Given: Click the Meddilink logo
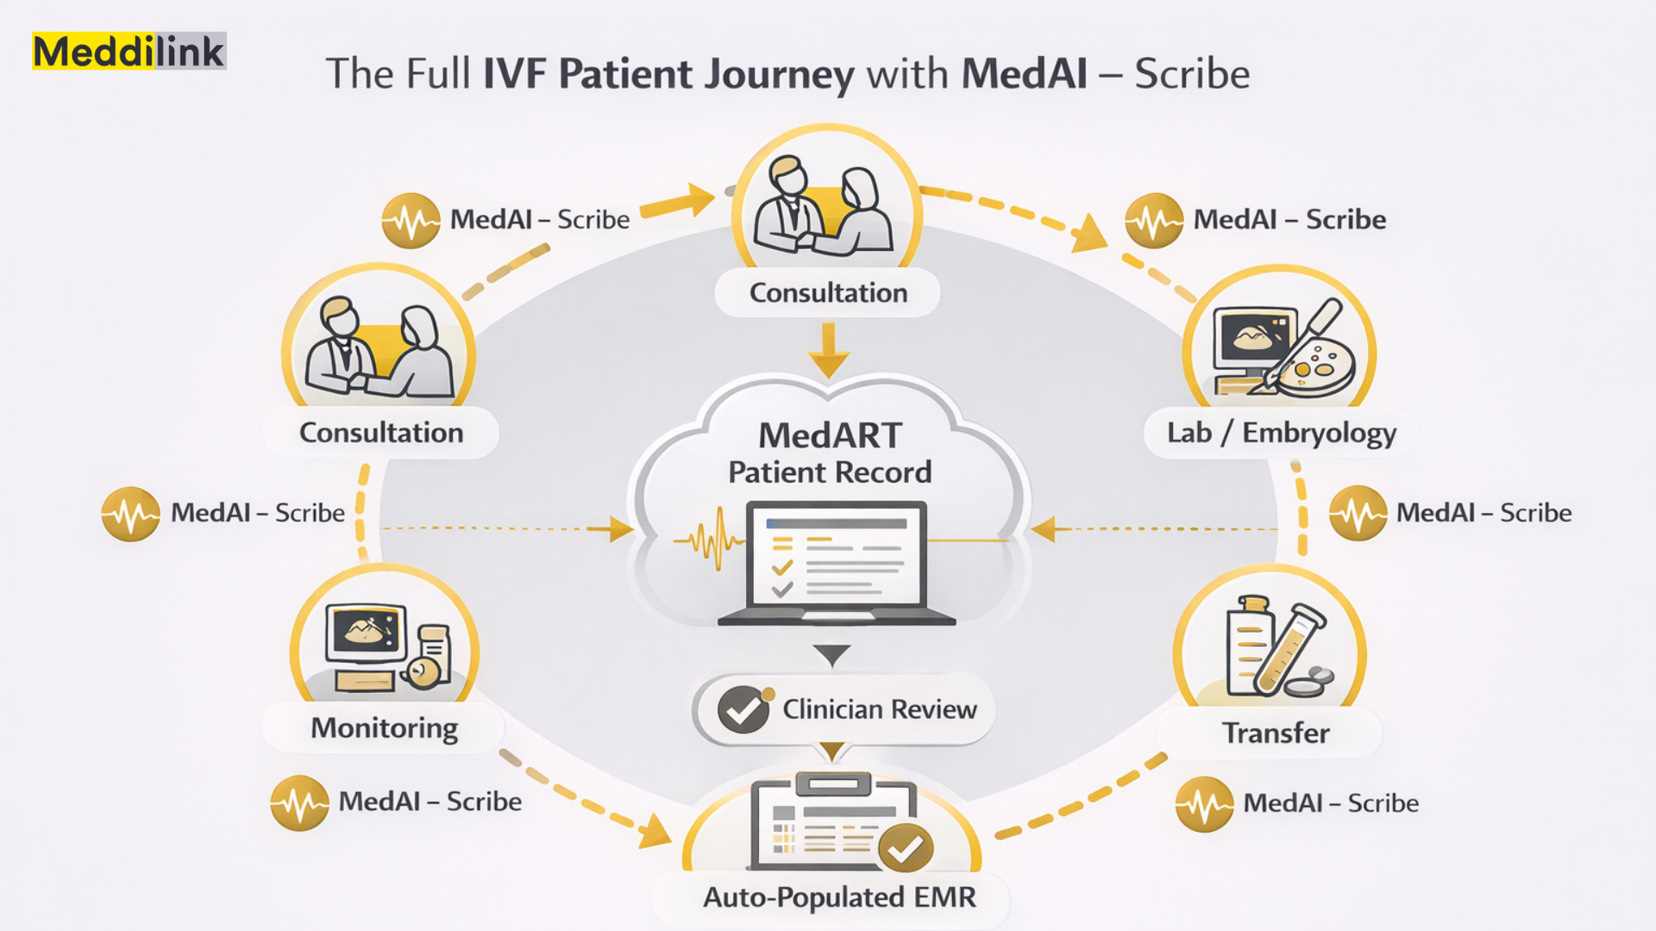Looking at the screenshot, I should [x=129, y=52].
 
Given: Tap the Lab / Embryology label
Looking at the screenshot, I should [x=1281, y=433].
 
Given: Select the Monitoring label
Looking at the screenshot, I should [x=384, y=728].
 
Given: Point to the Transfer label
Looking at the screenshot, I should [x=1276, y=734].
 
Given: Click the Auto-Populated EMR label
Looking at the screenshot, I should [x=839, y=897].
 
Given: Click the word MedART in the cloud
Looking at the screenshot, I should [x=830, y=436].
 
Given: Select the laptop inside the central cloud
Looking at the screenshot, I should [x=837, y=562].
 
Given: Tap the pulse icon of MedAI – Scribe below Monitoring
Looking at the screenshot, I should [x=299, y=803].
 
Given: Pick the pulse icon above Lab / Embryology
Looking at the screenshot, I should [x=1153, y=221].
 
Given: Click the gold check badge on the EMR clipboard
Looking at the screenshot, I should [x=905, y=849].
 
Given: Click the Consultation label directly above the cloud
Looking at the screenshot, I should [x=828, y=293].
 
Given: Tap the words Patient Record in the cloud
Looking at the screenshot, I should [x=830, y=472].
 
